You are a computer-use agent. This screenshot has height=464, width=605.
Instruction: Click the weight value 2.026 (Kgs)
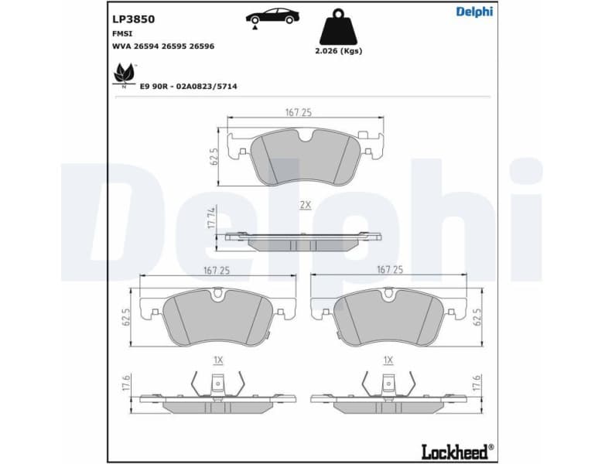click(x=340, y=51)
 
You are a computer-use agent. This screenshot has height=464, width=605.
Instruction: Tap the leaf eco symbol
click(x=124, y=74)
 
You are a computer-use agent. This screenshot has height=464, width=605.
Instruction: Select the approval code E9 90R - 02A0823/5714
click(x=188, y=86)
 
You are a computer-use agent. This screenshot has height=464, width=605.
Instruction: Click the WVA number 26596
click(x=201, y=46)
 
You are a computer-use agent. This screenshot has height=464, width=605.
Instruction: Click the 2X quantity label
click(x=305, y=205)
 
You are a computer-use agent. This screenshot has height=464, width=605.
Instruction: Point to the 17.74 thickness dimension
click(x=211, y=218)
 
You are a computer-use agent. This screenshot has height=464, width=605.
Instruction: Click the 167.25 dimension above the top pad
click(x=298, y=112)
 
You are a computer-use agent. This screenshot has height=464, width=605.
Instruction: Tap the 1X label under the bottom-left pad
click(x=217, y=360)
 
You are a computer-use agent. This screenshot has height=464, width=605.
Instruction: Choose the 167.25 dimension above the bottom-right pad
click(x=390, y=270)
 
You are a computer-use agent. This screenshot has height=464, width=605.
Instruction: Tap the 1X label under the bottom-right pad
click(x=388, y=360)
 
